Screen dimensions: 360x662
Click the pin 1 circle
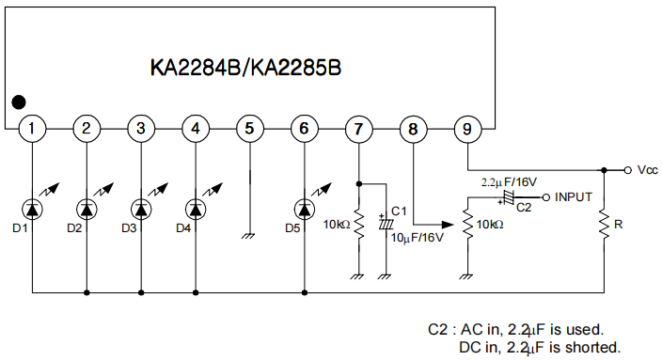[x=33, y=128]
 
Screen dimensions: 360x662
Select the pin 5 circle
[x=248, y=128]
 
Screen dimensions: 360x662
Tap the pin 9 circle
[x=465, y=128]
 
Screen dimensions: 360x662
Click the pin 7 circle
[x=357, y=128]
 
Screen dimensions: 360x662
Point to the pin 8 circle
[x=411, y=128]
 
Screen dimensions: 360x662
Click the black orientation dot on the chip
[x=19, y=102]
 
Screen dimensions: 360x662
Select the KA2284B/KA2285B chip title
[x=246, y=68]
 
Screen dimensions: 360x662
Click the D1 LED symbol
[x=33, y=206]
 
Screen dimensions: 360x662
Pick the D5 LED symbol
[x=304, y=206]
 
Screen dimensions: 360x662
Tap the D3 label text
[x=130, y=227]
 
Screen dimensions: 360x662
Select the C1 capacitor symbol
[x=384, y=224]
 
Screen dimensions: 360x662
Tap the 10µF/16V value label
[x=417, y=237]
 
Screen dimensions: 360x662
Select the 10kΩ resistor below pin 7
[x=358, y=226]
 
